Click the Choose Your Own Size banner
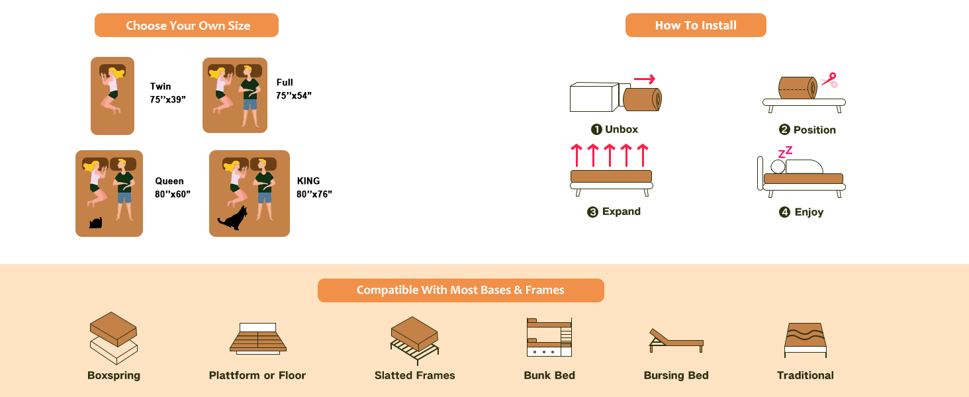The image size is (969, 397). click(x=187, y=26)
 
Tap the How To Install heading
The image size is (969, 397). click(x=695, y=25)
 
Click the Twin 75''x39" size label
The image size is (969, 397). click(x=167, y=93)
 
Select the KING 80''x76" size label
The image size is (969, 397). click(x=314, y=187)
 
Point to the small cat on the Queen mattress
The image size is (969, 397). click(x=96, y=222)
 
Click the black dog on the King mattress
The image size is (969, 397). click(x=233, y=219)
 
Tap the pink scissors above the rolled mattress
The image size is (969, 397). click(x=829, y=80)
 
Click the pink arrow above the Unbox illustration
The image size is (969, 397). click(x=644, y=79)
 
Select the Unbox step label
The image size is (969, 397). click(x=615, y=129)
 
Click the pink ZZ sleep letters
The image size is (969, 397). click(x=785, y=153)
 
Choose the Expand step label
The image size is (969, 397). click(x=614, y=212)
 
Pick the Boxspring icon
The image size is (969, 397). click(x=113, y=337)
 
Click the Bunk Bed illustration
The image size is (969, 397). click(x=549, y=337)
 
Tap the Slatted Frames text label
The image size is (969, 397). click(x=415, y=375)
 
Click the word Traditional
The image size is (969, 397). click(x=805, y=375)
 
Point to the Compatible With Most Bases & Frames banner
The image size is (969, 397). click(x=461, y=290)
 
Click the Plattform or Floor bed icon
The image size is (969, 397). click(x=257, y=338)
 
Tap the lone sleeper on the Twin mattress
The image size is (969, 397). click(x=111, y=90)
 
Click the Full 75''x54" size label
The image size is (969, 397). click(x=293, y=89)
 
